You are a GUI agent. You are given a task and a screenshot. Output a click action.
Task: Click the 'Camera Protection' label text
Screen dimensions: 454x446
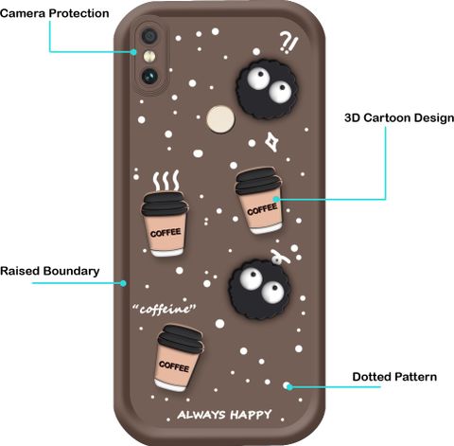click(x=55, y=13)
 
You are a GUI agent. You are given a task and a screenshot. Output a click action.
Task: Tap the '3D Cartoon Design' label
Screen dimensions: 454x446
click(x=399, y=118)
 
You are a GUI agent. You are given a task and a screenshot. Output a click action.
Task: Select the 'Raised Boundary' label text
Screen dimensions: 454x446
click(x=50, y=271)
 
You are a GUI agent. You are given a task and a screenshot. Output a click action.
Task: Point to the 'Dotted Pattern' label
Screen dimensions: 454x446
click(x=394, y=377)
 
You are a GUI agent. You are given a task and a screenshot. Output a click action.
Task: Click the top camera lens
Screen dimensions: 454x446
click(x=149, y=35)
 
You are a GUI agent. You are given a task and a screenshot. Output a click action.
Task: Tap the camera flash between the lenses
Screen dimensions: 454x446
click(x=149, y=57)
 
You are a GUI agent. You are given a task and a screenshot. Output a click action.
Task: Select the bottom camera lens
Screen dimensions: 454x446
click(x=149, y=76)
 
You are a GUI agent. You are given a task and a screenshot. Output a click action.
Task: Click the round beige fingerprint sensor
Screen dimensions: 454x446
click(x=220, y=119)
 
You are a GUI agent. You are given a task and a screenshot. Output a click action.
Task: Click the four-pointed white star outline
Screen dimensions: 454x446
click(x=271, y=142)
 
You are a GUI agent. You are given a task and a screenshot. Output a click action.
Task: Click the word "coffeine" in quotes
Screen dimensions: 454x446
click(x=165, y=310)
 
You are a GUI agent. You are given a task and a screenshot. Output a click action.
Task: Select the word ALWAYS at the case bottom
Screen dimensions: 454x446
click(x=201, y=415)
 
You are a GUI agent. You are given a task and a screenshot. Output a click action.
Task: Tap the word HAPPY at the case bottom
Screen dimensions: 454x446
click(x=251, y=415)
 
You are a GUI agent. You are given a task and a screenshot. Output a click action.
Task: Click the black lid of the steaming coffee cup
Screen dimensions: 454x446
click(x=165, y=204)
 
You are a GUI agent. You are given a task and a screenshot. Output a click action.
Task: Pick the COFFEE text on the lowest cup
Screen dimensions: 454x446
click(x=174, y=366)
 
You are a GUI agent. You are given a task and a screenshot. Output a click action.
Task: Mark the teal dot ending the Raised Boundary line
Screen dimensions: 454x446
click(x=124, y=283)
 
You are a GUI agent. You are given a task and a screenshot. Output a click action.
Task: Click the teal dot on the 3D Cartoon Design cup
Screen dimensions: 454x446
click(x=276, y=199)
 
